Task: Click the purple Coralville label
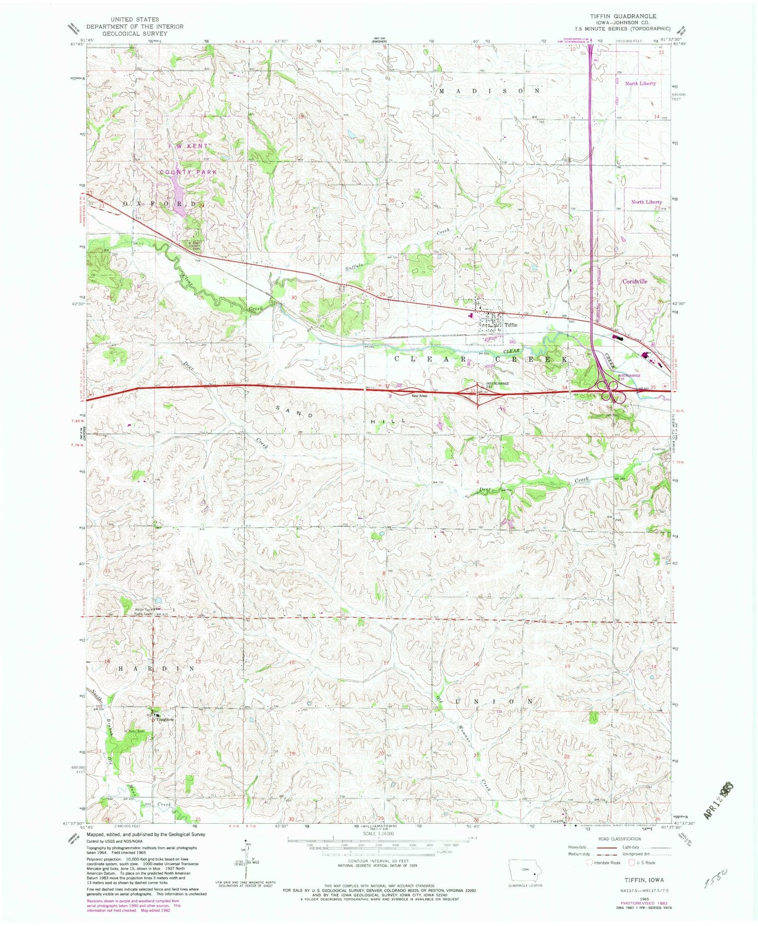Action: point(635,281)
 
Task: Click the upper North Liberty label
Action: point(640,83)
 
